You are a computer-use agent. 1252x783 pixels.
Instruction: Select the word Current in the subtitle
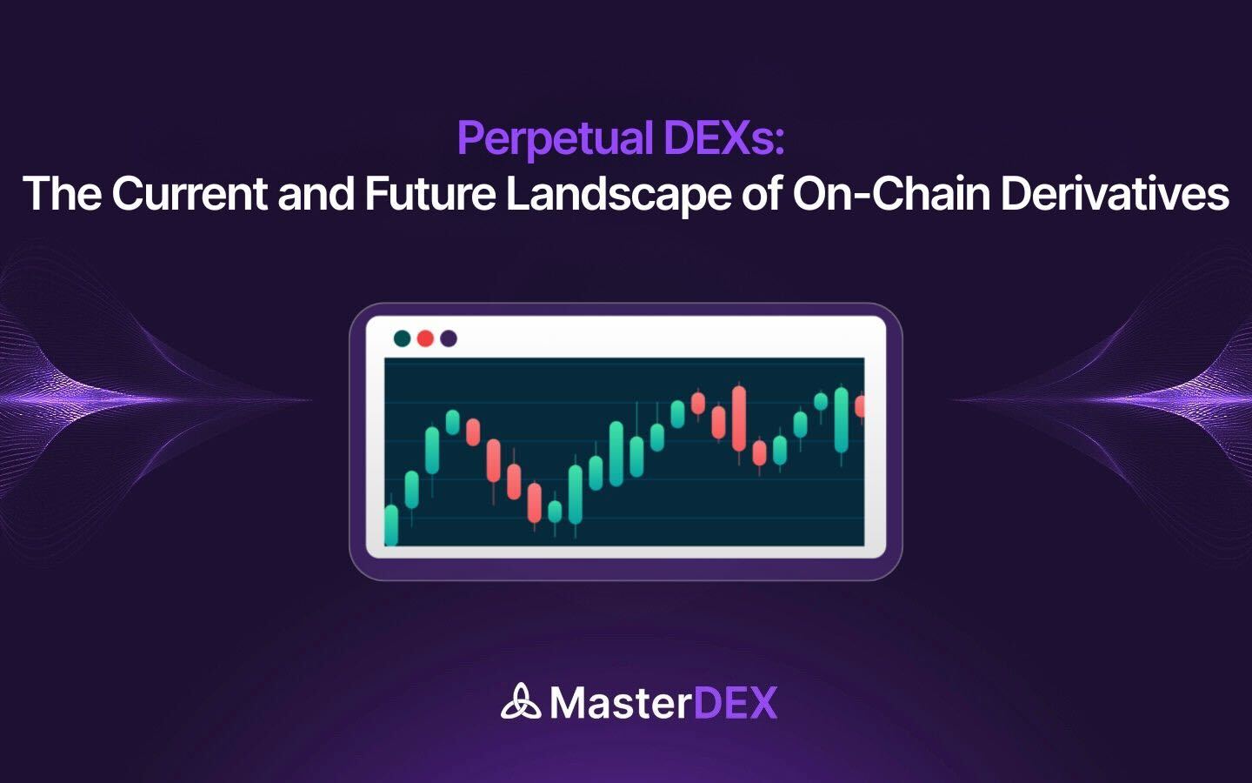click(x=189, y=193)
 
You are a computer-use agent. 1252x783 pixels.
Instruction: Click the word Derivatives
click(x=1115, y=193)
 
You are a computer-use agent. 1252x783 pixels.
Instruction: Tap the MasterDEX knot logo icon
click(x=520, y=702)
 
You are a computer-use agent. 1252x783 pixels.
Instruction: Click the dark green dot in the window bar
click(x=402, y=338)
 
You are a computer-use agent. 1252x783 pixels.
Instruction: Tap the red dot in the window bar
click(x=425, y=338)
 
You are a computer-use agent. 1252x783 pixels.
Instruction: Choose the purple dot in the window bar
click(x=449, y=338)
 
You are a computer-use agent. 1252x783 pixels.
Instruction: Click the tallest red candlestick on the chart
click(x=739, y=418)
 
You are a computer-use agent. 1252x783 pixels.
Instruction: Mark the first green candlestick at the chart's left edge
click(x=391, y=525)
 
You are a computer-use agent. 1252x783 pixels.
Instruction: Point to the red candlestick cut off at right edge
click(x=860, y=406)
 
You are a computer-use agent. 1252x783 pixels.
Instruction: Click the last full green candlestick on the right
click(x=841, y=420)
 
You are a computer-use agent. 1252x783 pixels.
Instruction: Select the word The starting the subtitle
click(x=62, y=193)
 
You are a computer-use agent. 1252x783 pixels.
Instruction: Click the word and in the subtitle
click(x=316, y=193)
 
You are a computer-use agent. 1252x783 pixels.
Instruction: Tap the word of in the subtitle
click(x=761, y=193)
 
